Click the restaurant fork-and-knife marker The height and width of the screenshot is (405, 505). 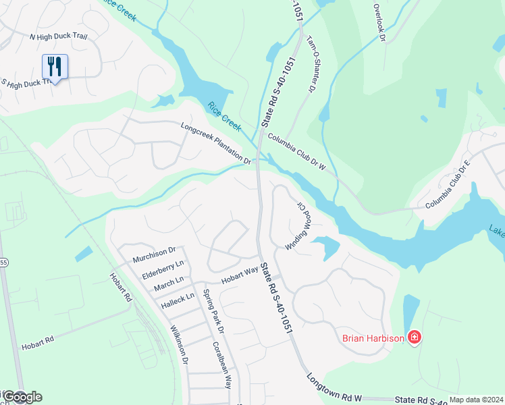tap(55, 67)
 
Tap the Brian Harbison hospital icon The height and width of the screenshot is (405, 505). tap(415, 337)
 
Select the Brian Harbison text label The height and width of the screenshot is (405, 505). tap(373, 338)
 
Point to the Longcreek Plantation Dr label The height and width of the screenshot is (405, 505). tap(215, 144)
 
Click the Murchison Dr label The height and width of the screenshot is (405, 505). tap(154, 254)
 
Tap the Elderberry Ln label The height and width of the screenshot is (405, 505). tap(163, 270)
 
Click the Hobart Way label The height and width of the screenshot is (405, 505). tap(241, 275)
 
